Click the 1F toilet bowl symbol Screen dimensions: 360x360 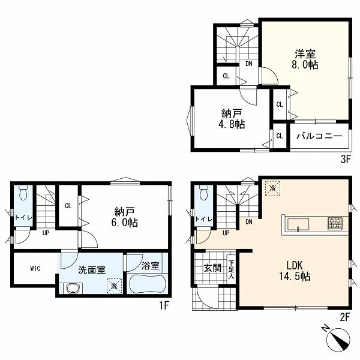pos(23,192)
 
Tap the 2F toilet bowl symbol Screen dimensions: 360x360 pos(203,192)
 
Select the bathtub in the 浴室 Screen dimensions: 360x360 pos(148,284)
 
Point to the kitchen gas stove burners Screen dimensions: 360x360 pos(335,224)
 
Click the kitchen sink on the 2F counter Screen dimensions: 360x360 pos(298,224)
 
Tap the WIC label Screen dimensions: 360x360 pos(35,268)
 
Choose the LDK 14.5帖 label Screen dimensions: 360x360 pos(295,271)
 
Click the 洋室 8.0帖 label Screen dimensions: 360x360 pos(305,59)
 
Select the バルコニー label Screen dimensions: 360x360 pos(319,136)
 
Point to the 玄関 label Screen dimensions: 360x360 pos(213,268)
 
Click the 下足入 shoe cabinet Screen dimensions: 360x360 pos(231,268)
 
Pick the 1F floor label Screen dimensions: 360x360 pos(164,305)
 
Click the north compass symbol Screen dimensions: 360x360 pos(338,338)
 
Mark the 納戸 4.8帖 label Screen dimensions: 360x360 pos(232,119)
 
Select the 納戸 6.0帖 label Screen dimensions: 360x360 pos(124,217)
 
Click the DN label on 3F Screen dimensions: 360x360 pos(249,64)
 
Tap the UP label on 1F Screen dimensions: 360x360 pos(46,233)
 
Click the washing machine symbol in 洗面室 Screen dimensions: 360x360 pos(114,286)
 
